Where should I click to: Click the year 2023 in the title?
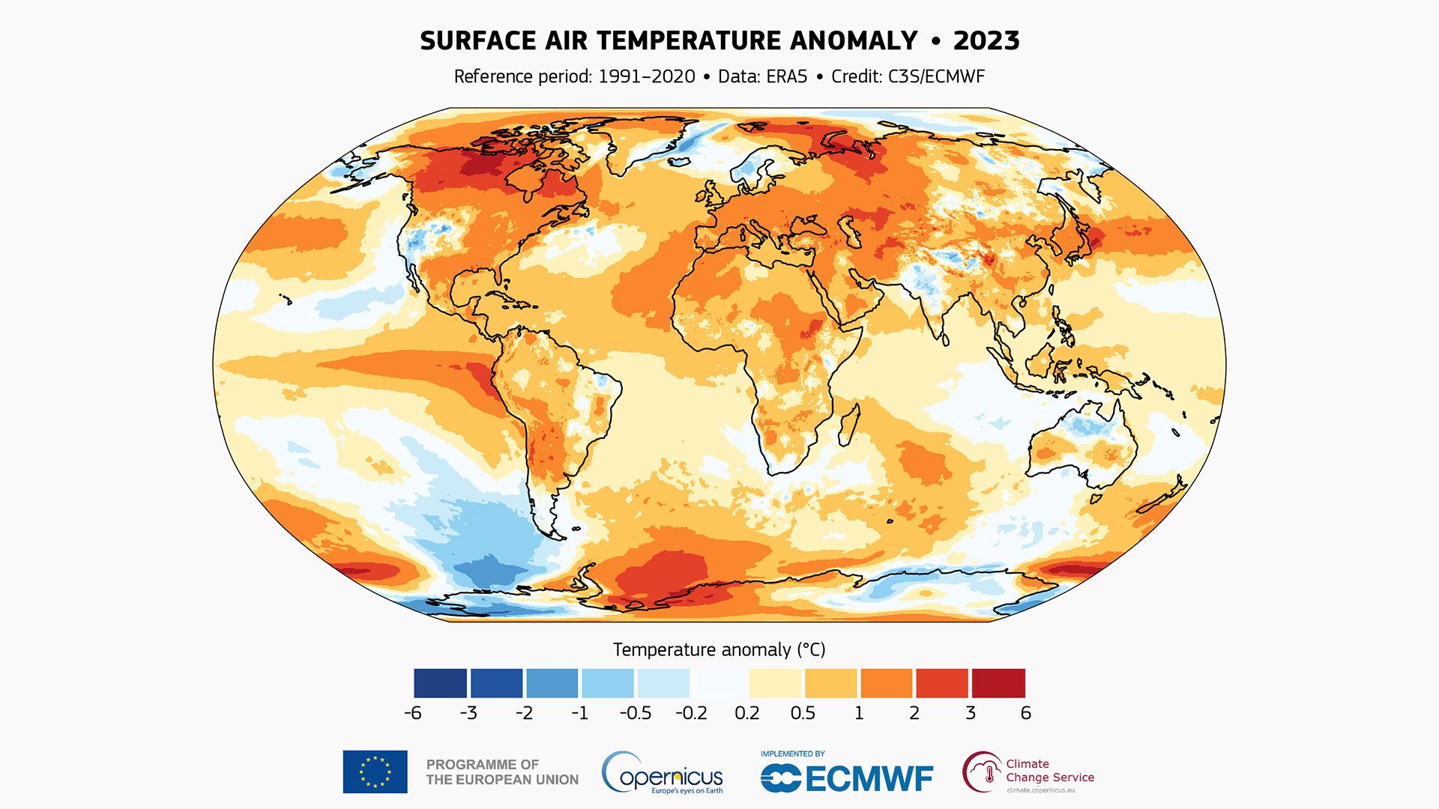(x=986, y=40)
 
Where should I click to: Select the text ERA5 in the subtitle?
(x=786, y=76)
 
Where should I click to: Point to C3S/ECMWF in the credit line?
(x=936, y=76)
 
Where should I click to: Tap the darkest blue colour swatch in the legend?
(x=440, y=683)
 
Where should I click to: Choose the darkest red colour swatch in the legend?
(x=998, y=683)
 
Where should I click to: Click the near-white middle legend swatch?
(x=719, y=683)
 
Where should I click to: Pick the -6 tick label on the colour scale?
(x=413, y=713)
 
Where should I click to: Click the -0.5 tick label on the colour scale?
(x=636, y=713)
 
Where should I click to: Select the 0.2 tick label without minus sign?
(x=747, y=713)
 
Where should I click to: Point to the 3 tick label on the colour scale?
(x=971, y=713)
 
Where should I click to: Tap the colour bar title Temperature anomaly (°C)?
(x=719, y=649)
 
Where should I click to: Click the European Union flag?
(x=375, y=772)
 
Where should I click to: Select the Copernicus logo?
(x=663, y=773)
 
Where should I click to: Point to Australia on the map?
(x=1083, y=442)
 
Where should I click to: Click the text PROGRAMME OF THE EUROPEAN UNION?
(x=502, y=772)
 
